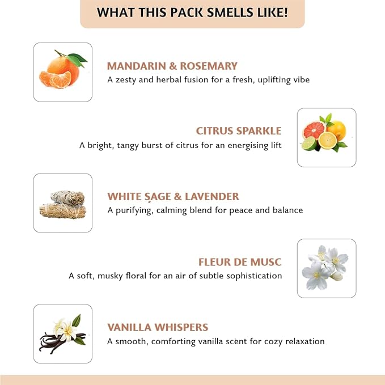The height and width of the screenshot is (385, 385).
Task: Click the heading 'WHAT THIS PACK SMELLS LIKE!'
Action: [192, 12]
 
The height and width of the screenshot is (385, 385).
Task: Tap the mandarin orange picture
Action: [62, 72]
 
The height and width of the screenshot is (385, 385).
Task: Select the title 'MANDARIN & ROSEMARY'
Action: [172, 66]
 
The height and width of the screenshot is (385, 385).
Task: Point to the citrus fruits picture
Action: [327, 137]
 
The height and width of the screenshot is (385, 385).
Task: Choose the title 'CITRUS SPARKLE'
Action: [239, 131]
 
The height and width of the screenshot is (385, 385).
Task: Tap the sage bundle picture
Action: [62, 203]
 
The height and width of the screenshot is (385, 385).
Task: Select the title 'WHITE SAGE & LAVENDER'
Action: [173, 197]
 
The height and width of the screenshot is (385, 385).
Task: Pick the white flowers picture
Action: [327, 268]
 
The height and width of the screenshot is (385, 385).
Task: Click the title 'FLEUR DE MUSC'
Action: [240, 262]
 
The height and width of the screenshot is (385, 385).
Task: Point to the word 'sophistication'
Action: [253, 276]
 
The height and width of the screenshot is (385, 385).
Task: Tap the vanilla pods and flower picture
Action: [62, 334]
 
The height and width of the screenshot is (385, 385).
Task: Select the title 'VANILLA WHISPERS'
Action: [158, 327]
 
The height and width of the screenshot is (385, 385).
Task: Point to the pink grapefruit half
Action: [314, 130]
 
